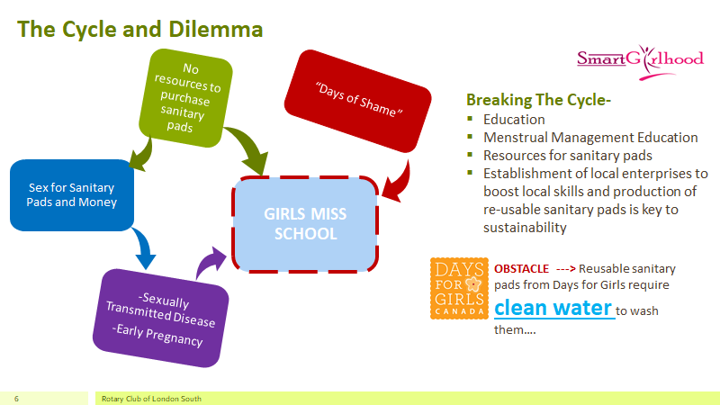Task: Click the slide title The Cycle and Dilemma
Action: pyautogui.click(x=140, y=29)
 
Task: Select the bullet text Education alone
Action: pyautogui.click(x=514, y=120)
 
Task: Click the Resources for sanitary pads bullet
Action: pyautogui.click(x=567, y=155)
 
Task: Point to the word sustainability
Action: pyautogui.click(x=525, y=228)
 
